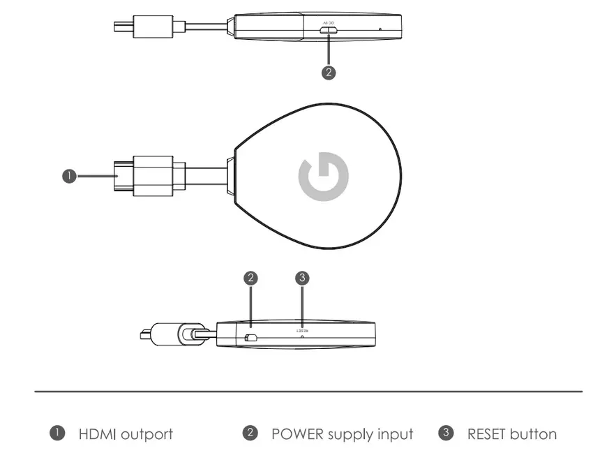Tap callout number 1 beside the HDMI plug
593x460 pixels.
[x=69, y=177]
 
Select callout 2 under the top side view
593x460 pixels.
[x=329, y=72]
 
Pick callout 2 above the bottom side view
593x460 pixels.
[x=251, y=278]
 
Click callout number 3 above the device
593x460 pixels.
[x=301, y=278]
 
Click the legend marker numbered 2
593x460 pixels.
[x=250, y=433]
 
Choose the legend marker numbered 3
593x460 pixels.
[x=445, y=433]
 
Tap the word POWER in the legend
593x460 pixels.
[x=297, y=434]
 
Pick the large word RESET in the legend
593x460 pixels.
[x=487, y=434]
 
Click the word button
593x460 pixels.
[x=534, y=434]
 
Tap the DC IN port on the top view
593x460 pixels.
[x=329, y=29]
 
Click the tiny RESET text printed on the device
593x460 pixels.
[x=301, y=325]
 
